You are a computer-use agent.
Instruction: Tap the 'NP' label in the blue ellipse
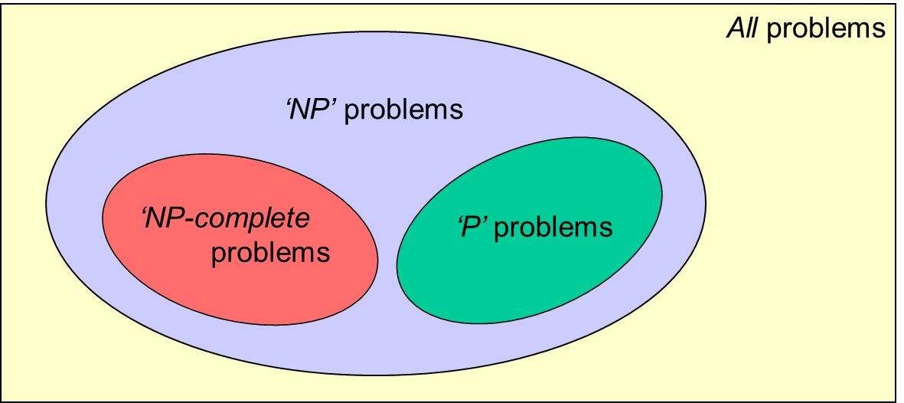point(312,110)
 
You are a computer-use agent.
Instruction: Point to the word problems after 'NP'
point(403,110)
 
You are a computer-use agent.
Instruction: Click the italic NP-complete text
point(226,219)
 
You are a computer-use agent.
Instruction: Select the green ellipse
point(528,283)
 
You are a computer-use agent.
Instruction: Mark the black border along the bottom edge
point(452,401)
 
